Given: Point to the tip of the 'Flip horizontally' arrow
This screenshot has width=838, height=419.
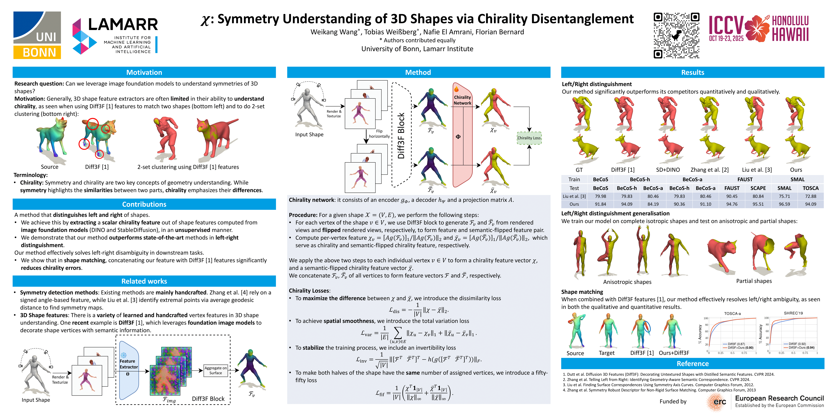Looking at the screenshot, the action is click(366, 144).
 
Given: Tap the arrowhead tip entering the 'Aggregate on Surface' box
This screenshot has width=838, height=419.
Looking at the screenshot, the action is click(203, 370).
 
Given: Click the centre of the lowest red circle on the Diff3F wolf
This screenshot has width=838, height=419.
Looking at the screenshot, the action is click(99, 154).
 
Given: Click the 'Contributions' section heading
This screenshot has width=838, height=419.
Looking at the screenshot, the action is click(144, 204).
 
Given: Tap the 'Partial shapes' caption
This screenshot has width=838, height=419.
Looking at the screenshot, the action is click(754, 281).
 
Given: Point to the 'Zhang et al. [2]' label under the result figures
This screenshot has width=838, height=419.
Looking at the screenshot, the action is click(710, 170).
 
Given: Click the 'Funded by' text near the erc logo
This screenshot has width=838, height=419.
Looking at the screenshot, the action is click(673, 401).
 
